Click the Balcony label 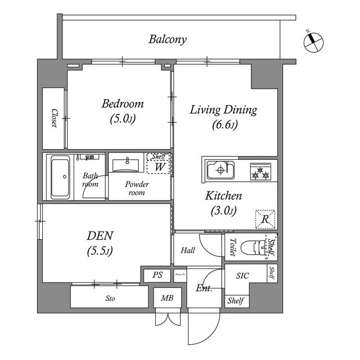(168, 39)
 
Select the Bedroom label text (122, 104)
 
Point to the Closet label (54, 118)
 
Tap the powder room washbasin (127, 165)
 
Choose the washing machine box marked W (159, 167)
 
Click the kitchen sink (220, 170)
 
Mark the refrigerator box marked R (264, 219)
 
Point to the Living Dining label (223, 110)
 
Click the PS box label (157, 276)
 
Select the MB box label (167, 299)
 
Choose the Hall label (187, 250)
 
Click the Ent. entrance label (203, 289)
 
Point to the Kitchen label (223, 196)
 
